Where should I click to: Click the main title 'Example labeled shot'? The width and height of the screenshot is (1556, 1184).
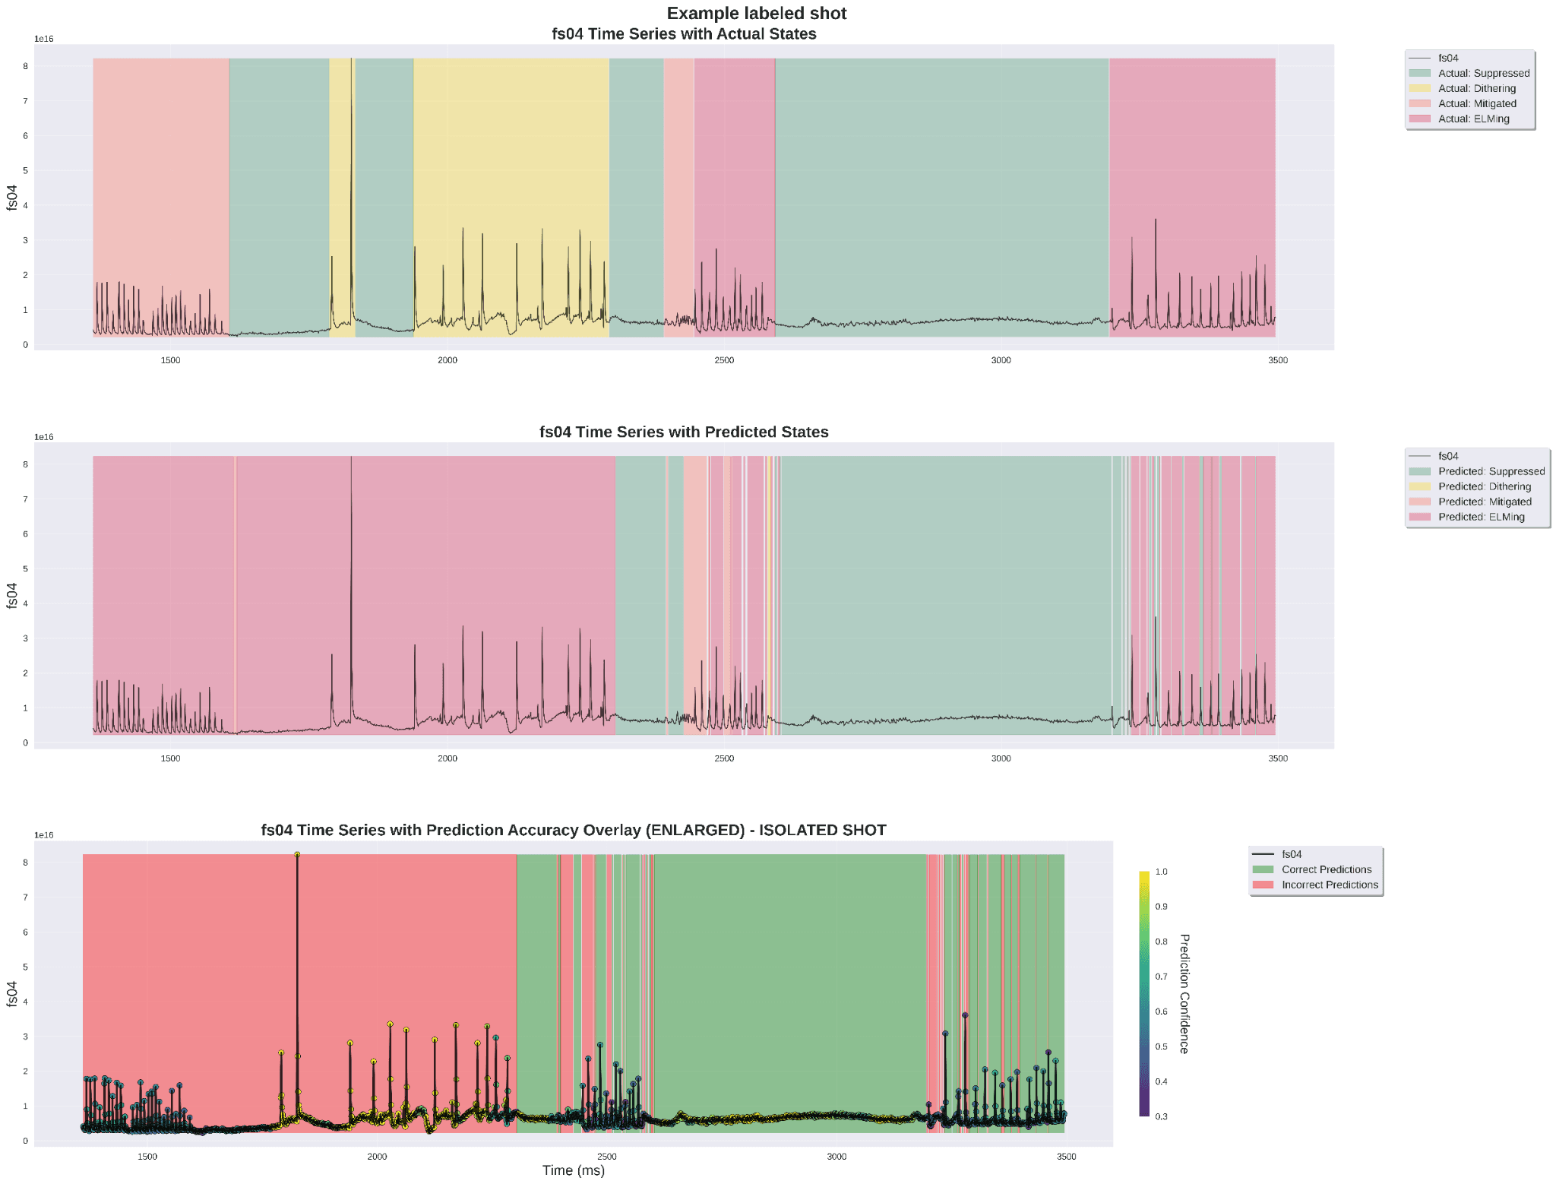(x=756, y=13)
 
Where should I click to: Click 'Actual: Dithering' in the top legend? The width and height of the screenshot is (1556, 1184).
(x=1476, y=88)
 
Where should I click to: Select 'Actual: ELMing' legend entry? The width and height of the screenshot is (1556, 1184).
(x=1473, y=119)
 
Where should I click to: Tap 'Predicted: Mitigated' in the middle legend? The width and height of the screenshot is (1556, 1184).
(x=1484, y=502)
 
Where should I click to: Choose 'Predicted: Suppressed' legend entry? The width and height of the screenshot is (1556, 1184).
(x=1491, y=471)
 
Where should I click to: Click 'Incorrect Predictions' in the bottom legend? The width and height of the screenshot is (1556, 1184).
(x=1329, y=885)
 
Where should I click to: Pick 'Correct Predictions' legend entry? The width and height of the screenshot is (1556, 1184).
(x=1326, y=869)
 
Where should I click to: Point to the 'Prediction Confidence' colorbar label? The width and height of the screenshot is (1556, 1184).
(x=1184, y=993)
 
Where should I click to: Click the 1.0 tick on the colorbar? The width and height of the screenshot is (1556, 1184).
(x=1161, y=872)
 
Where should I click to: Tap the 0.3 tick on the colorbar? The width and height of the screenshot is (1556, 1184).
(x=1161, y=1116)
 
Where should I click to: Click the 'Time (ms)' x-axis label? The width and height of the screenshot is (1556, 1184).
(x=573, y=1170)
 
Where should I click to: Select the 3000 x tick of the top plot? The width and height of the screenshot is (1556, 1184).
(x=1001, y=360)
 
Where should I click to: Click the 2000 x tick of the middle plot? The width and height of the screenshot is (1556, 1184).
(x=448, y=758)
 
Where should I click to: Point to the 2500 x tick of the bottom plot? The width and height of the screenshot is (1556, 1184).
(x=606, y=1157)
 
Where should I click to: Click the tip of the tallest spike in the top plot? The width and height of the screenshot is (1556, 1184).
(x=351, y=59)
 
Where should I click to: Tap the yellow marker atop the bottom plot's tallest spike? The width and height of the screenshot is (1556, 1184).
(x=297, y=855)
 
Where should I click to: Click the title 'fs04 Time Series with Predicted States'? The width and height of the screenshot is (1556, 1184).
(x=684, y=432)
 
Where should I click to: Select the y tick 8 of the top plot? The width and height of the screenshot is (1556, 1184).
(x=25, y=66)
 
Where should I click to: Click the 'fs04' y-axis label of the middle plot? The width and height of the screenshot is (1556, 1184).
(x=11, y=595)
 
